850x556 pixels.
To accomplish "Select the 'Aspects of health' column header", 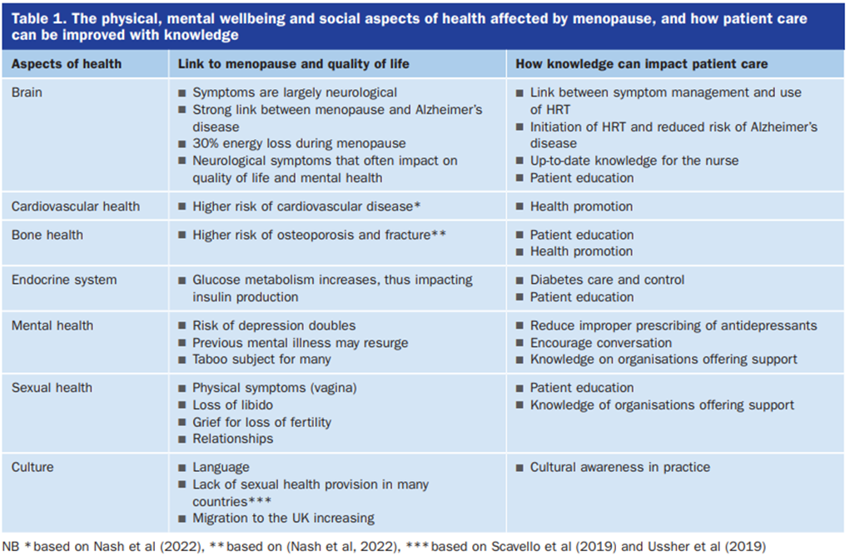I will pyautogui.click(x=67, y=63).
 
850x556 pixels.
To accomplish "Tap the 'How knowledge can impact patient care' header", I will pyautogui.click(x=642, y=63).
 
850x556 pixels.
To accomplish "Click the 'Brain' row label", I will pyautogui.click(x=27, y=92).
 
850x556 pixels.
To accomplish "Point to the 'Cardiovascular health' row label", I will pyautogui.click(x=76, y=206).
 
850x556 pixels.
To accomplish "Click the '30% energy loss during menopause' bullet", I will pyautogui.click(x=299, y=143).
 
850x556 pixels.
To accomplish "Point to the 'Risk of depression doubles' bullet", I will pyautogui.click(x=274, y=325).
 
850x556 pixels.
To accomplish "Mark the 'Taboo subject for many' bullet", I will pyautogui.click(x=261, y=360).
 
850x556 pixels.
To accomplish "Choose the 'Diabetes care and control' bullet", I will pyautogui.click(x=607, y=280).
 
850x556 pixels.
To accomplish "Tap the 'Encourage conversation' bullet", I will pyautogui.click(x=600, y=342).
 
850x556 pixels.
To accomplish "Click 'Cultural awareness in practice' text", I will pyautogui.click(x=619, y=467).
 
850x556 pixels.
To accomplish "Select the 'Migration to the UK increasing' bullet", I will pyautogui.click(x=283, y=518).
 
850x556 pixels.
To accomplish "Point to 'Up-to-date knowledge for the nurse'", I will pyautogui.click(x=634, y=161).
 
